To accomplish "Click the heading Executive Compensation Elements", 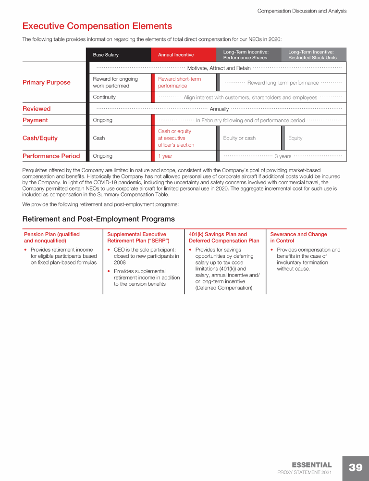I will pyautogui.click(x=97, y=26).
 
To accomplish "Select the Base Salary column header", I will pyautogui.click(x=106, y=55).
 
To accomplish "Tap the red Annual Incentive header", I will pyautogui.click(x=176, y=55).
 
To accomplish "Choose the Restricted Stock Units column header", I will pyautogui.click(x=312, y=55).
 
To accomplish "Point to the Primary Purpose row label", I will pyautogui.click(x=47, y=82).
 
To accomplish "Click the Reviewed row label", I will pyautogui.click(x=37, y=109).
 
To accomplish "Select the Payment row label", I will pyautogui.click(x=35, y=120).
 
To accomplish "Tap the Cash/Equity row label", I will pyautogui.click(x=40, y=138).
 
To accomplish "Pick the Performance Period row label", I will pyautogui.click(x=51, y=156).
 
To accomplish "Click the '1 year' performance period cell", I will pyautogui.click(x=165, y=156).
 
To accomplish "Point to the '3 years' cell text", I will pyautogui.click(x=283, y=156).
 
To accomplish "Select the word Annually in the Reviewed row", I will pyautogui.click(x=219, y=109).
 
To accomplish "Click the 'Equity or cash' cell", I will pyautogui.click(x=239, y=138).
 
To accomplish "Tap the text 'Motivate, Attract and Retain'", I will pyautogui.click(x=219, y=68).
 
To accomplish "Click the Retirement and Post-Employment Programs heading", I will pyautogui.click(x=98, y=219).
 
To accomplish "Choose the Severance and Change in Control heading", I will pyautogui.click(x=298, y=238).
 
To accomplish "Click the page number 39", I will pyautogui.click(x=356, y=468).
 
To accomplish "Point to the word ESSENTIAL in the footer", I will pyautogui.click(x=312, y=465).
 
